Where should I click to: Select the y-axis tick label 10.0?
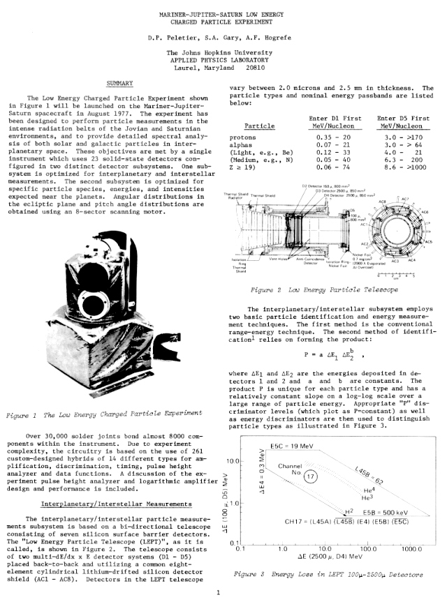236,461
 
